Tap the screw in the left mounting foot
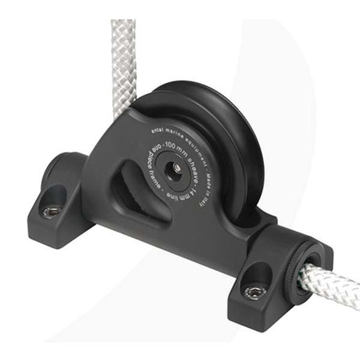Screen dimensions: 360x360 [x=50, y=211]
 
